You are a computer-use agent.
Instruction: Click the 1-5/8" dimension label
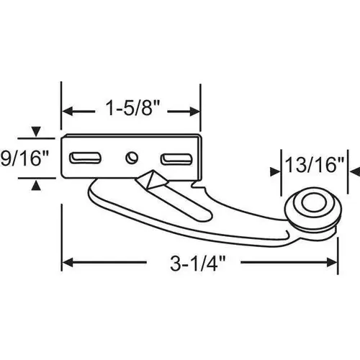click(x=130, y=111)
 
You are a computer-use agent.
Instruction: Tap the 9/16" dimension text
click(x=28, y=158)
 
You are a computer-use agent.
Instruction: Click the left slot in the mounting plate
click(x=85, y=156)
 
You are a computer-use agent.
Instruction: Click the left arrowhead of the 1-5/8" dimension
click(x=67, y=112)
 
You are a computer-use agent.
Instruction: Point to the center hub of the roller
click(x=312, y=207)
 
